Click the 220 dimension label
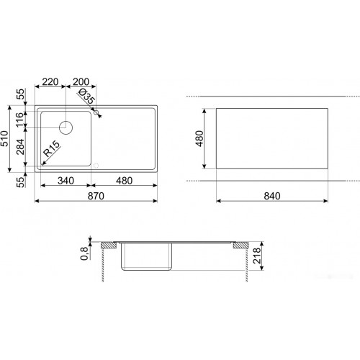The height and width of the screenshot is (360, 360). pos(50,82)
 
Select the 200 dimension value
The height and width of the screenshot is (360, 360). pos(81,82)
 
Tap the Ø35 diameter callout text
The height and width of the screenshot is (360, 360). pos(87,96)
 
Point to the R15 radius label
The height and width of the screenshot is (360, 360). pos(51,148)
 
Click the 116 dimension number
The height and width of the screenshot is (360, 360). pos(20,120)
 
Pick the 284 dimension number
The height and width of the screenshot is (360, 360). pos(20,147)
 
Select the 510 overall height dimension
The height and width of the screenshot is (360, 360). pos(4,138)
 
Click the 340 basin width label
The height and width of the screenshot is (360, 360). pos(66,181)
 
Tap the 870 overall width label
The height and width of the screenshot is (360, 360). pos(96,196)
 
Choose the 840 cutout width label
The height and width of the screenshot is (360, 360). pos(272,196)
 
